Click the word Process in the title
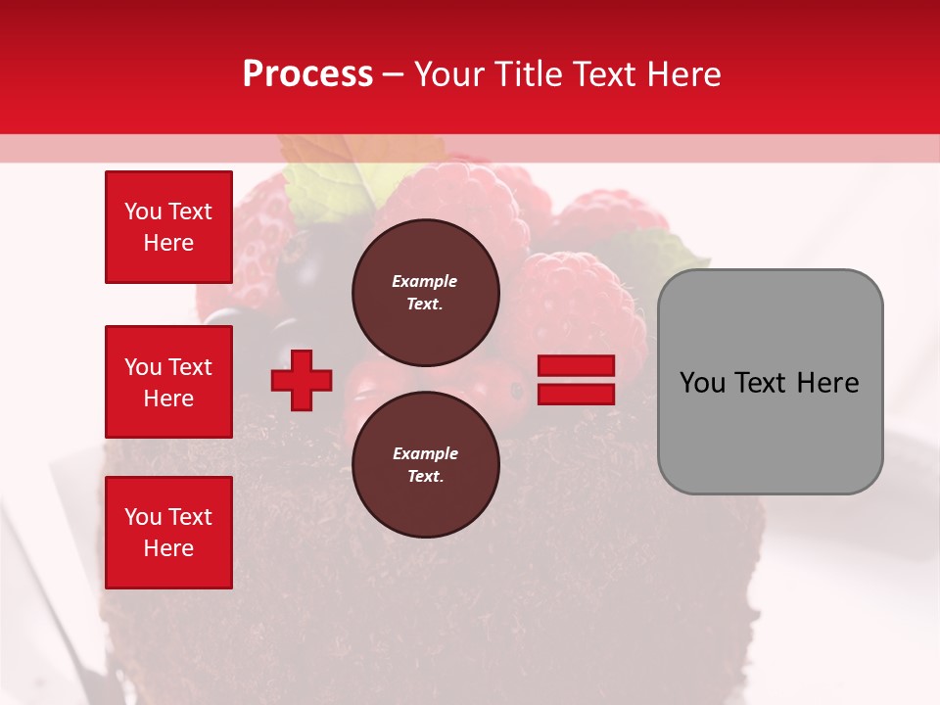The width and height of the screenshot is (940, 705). pos(307,74)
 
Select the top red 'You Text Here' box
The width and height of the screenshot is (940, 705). pos(168,227)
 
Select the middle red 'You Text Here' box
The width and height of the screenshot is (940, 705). pos(168,382)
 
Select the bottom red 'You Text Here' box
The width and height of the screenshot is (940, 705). pos(168,533)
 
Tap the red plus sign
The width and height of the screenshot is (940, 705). pos(302,380)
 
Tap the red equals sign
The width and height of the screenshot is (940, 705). pos(577,380)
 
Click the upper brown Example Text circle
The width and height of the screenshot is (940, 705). pos(426,292)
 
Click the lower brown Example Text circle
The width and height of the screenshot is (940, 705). pos(426,464)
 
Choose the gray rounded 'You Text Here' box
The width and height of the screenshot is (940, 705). pos(770,382)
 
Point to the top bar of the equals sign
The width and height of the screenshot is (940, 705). pos(577,366)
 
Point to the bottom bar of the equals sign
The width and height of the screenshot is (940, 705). pos(577,394)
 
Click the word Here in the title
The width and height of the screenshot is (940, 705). pos(681,74)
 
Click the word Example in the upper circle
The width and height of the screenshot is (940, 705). pos(424,281)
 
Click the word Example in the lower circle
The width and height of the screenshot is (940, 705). pos(424,453)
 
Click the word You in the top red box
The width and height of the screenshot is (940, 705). pos(143,211)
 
